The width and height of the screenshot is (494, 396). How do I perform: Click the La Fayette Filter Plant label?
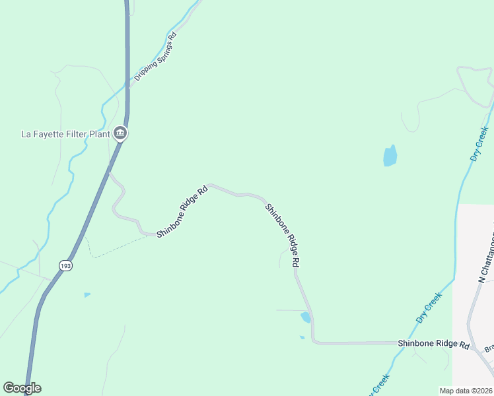(x=65, y=134)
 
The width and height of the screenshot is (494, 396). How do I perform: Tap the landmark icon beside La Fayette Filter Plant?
(x=120, y=134)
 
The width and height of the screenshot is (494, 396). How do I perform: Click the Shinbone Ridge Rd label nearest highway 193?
(x=182, y=211)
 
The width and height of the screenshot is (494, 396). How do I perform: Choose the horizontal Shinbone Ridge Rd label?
(x=433, y=345)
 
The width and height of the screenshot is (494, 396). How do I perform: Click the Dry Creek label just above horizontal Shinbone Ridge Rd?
(x=429, y=308)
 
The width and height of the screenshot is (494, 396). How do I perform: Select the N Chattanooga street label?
(x=485, y=261)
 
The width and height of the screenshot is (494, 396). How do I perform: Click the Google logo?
(x=22, y=388)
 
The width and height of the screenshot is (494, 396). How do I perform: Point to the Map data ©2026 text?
(x=466, y=391)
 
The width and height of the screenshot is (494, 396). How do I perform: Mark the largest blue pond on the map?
(x=390, y=156)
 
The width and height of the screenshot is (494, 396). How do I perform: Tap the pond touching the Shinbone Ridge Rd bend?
(x=306, y=317)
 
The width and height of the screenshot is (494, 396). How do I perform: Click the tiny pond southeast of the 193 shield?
(x=87, y=295)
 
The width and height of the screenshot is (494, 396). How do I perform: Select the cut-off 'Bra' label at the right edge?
(x=489, y=348)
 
